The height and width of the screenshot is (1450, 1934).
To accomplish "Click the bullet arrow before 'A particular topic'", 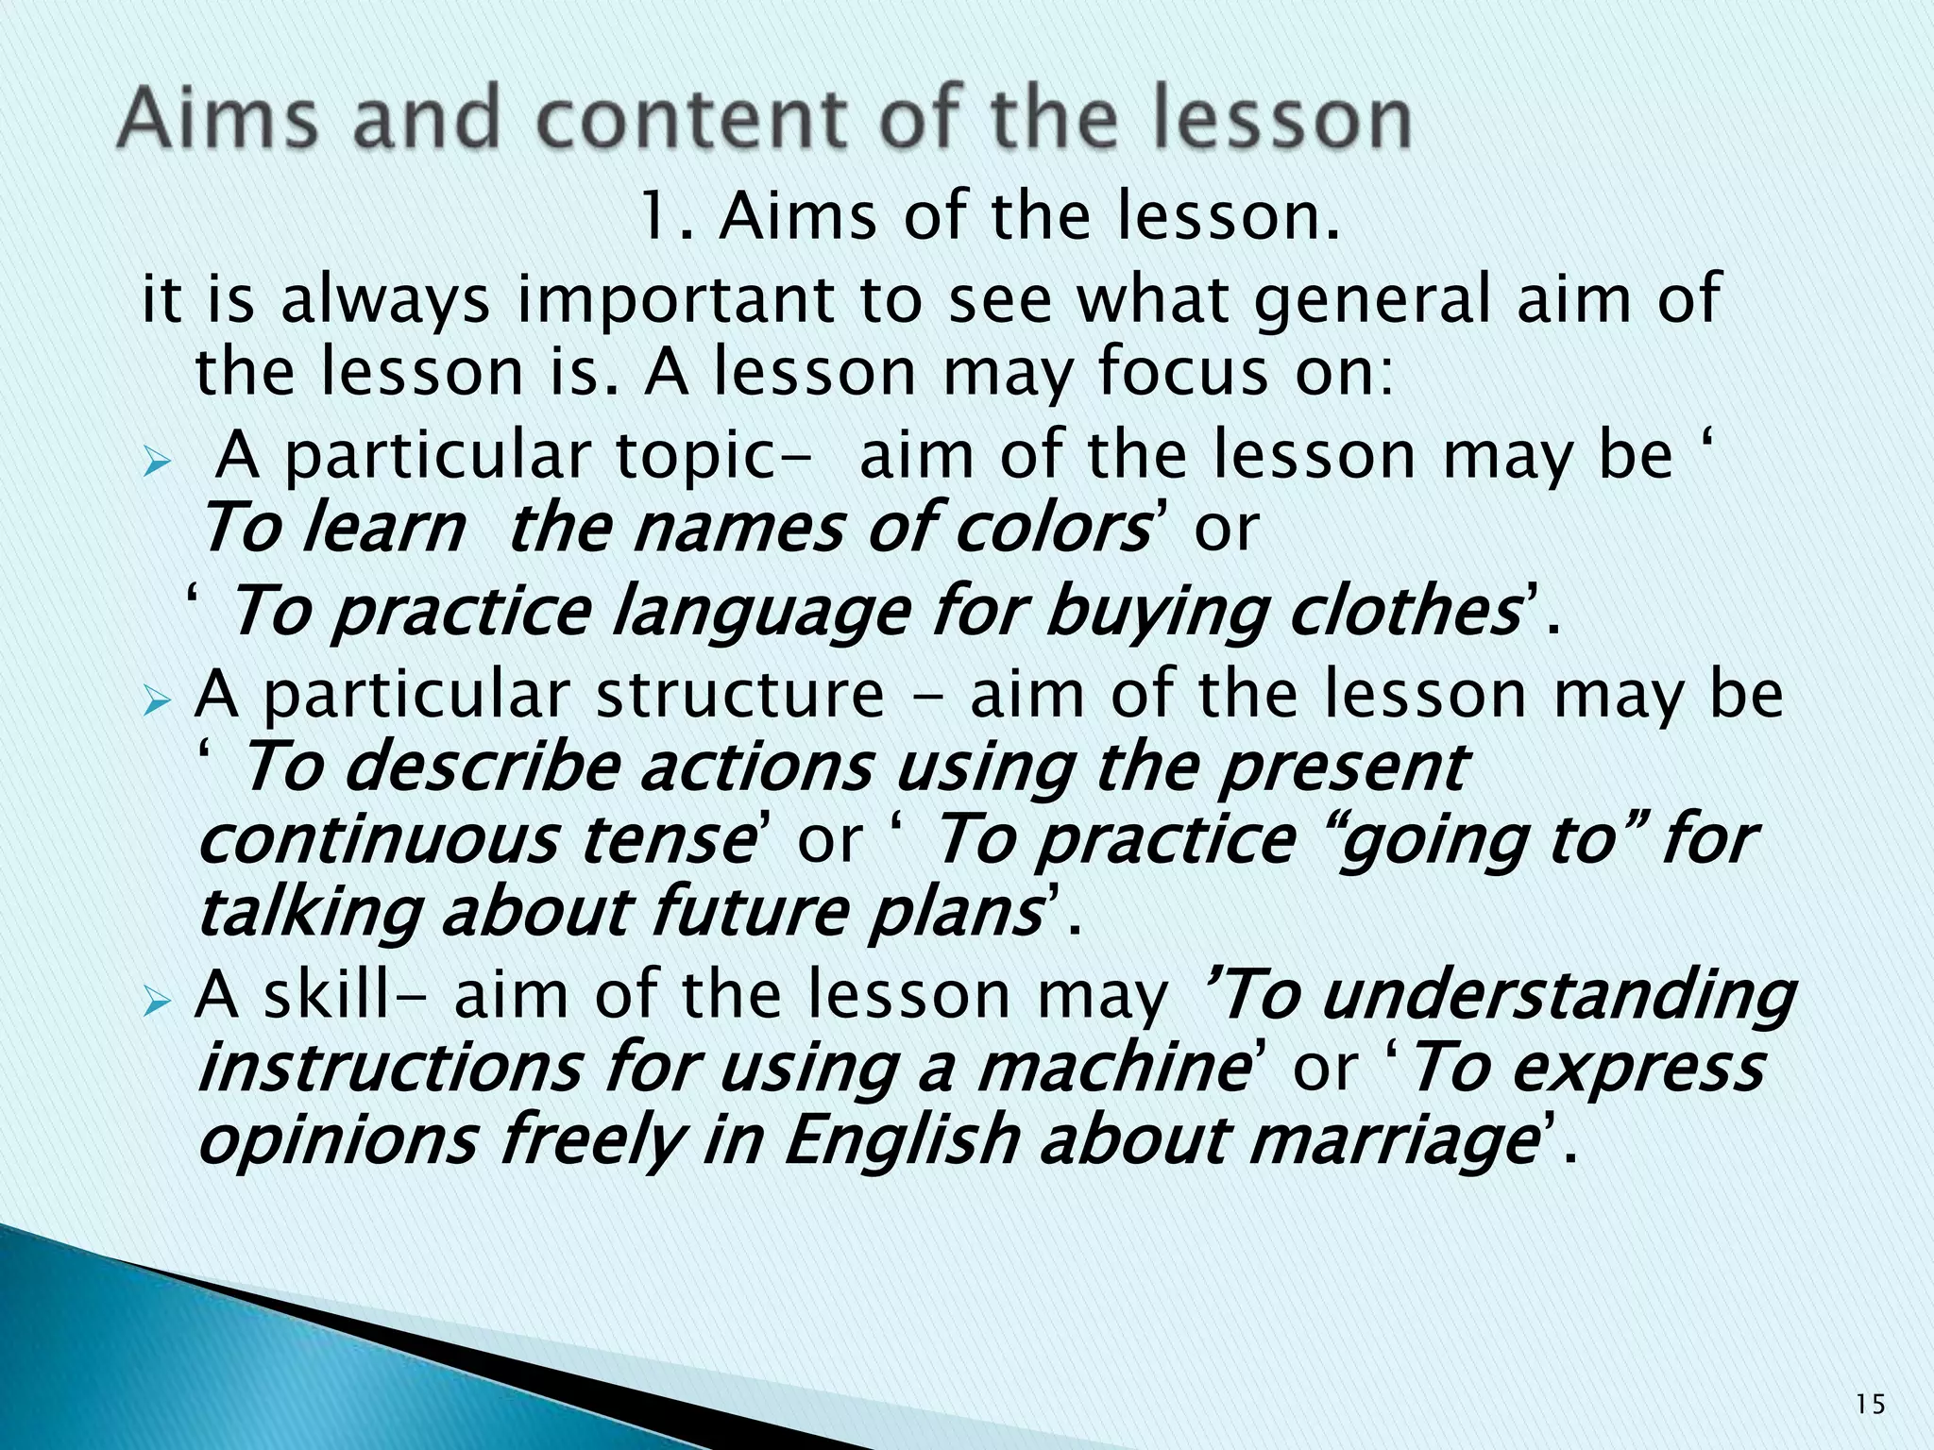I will click(x=156, y=464).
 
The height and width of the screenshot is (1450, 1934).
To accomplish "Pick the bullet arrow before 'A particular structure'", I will click(x=156, y=703).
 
